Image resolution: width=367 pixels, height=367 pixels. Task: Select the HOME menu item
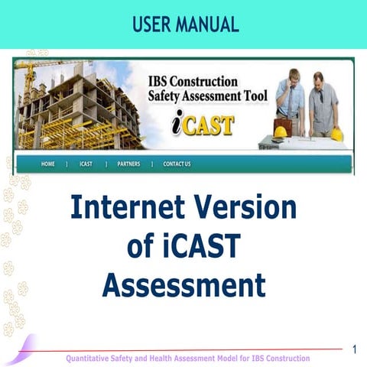[x=48, y=164]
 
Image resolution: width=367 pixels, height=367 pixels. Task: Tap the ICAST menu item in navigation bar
[x=86, y=164]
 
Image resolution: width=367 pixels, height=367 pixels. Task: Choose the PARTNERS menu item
[x=128, y=164]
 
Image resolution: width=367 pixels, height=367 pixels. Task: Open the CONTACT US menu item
[x=177, y=164]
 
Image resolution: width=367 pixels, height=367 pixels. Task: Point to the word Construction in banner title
[x=209, y=82]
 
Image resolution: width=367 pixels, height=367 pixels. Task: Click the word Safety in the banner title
[x=167, y=97]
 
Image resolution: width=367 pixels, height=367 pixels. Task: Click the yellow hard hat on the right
[x=336, y=135]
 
